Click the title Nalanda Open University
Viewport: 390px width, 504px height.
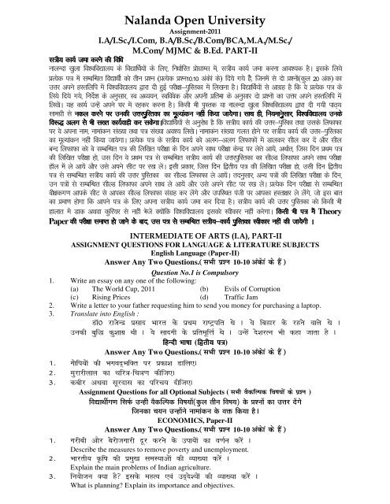[x=195, y=17]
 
